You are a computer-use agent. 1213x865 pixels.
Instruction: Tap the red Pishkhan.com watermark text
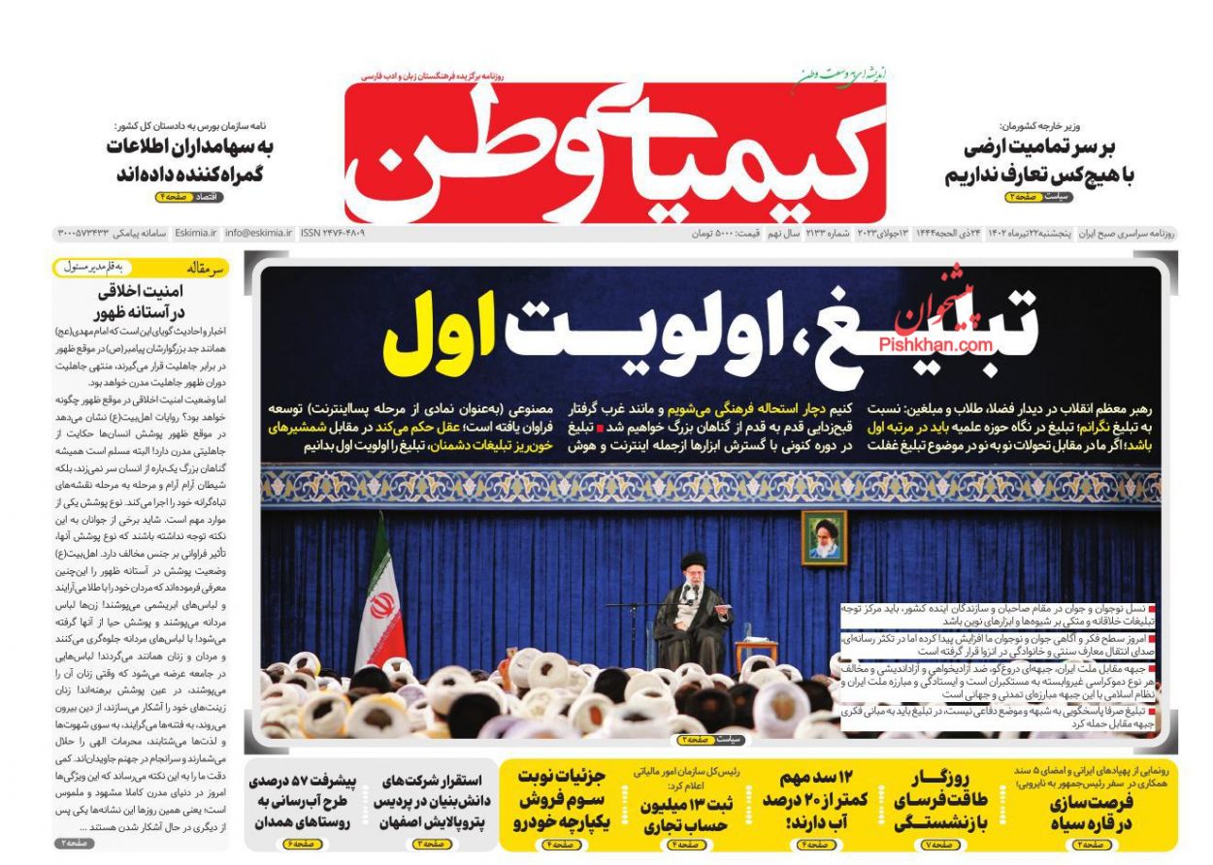click(935, 344)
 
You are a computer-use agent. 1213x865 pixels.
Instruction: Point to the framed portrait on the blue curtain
click(823, 538)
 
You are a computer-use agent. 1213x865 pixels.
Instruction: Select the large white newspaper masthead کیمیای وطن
click(615, 152)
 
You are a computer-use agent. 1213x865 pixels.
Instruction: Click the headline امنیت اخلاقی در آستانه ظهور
click(142, 302)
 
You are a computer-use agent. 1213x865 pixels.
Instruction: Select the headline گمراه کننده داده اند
click(189, 175)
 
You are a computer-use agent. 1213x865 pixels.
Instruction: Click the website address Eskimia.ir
click(198, 234)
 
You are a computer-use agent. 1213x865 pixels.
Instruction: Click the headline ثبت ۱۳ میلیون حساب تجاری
click(686, 815)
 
